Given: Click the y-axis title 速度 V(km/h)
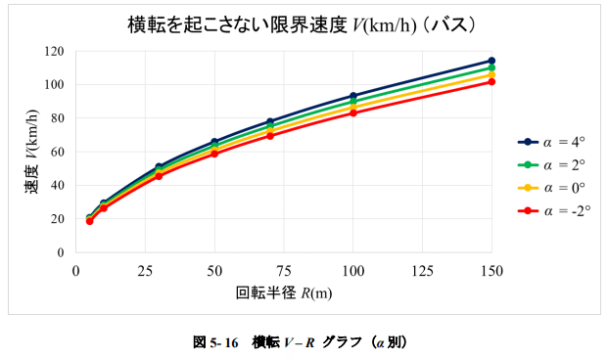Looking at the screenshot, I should point(32,152).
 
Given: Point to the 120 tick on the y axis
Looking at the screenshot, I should point(55,51).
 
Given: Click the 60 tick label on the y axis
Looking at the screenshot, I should point(58,152).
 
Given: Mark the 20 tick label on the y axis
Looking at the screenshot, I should point(58,218).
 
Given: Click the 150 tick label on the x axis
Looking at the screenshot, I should point(491,269).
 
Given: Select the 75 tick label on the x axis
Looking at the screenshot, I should point(283,269).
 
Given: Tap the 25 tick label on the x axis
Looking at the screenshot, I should point(145,269).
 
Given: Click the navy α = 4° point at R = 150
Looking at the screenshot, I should point(491,61).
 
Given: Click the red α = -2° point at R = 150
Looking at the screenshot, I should point(491,81).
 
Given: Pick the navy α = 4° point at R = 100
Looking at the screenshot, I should point(353,96).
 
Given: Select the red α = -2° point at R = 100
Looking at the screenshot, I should point(353,112).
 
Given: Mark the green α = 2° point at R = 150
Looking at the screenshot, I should point(491,67).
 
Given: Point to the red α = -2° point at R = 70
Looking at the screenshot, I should point(270,135).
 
